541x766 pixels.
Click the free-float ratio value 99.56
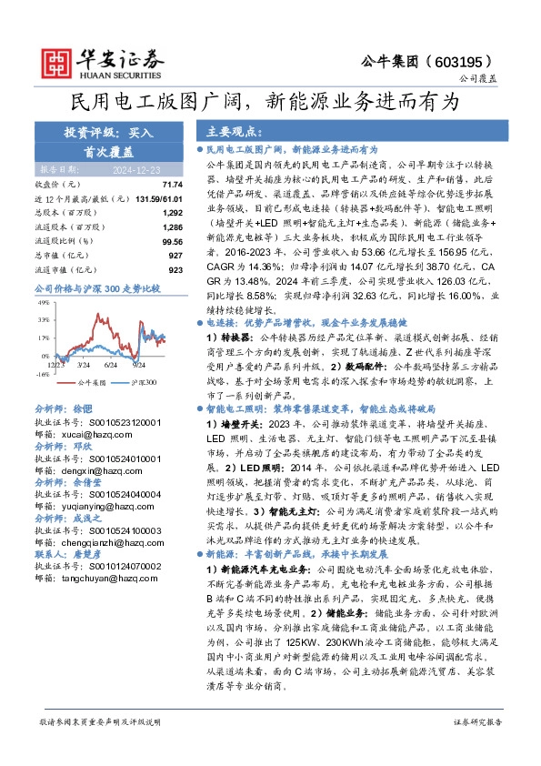point(172,242)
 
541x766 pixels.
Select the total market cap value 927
point(175,256)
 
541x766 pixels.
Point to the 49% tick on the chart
point(43,300)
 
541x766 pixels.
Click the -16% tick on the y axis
point(42,374)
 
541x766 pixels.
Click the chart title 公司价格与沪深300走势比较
point(97,288)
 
